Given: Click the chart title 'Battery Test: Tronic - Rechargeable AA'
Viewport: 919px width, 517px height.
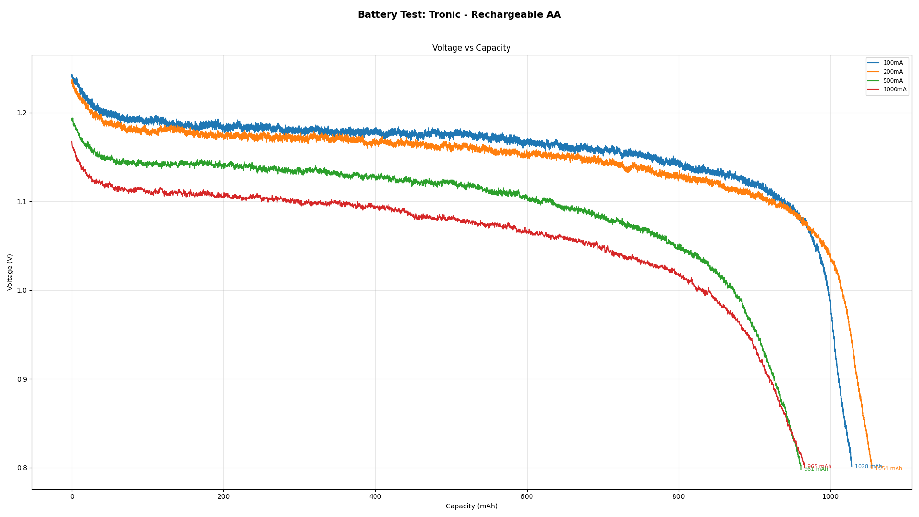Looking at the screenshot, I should click(459, 15).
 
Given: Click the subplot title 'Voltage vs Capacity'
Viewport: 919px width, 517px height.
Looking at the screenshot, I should click(471, 48).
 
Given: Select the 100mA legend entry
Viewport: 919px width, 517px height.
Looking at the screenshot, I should click(893, 63).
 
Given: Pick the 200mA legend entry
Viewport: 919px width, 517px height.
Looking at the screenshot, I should click(893, 72).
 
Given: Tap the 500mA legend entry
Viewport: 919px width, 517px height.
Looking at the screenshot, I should click(893, 81).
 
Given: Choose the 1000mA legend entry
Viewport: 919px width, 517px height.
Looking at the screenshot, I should click(894, 89).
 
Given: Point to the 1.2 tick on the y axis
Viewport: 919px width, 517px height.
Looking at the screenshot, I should click(22, 113).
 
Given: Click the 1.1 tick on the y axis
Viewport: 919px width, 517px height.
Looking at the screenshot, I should click(22, 202).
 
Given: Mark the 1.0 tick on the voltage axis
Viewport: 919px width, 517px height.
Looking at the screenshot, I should click(22, 291).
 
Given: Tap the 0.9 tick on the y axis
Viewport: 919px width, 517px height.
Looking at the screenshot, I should click(22, 379).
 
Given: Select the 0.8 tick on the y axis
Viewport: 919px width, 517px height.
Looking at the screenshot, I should click(22, 468).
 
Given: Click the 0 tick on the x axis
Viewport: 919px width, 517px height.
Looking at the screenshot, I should click(72, 496).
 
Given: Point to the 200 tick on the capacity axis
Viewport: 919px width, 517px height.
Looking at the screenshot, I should click(223, 496).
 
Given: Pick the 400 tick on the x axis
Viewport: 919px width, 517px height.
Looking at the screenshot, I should click(375, 496).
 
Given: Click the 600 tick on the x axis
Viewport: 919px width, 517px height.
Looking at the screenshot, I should click(527, 496).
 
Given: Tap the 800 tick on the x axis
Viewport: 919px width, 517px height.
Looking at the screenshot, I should click(678, 496).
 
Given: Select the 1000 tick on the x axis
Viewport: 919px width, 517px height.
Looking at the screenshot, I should click(830, 496).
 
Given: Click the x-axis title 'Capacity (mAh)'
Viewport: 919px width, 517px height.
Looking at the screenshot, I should click(471, 506).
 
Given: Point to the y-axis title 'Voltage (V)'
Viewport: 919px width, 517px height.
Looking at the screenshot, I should click(10, 272).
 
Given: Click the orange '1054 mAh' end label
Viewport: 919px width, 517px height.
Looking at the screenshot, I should click(888, 469).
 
